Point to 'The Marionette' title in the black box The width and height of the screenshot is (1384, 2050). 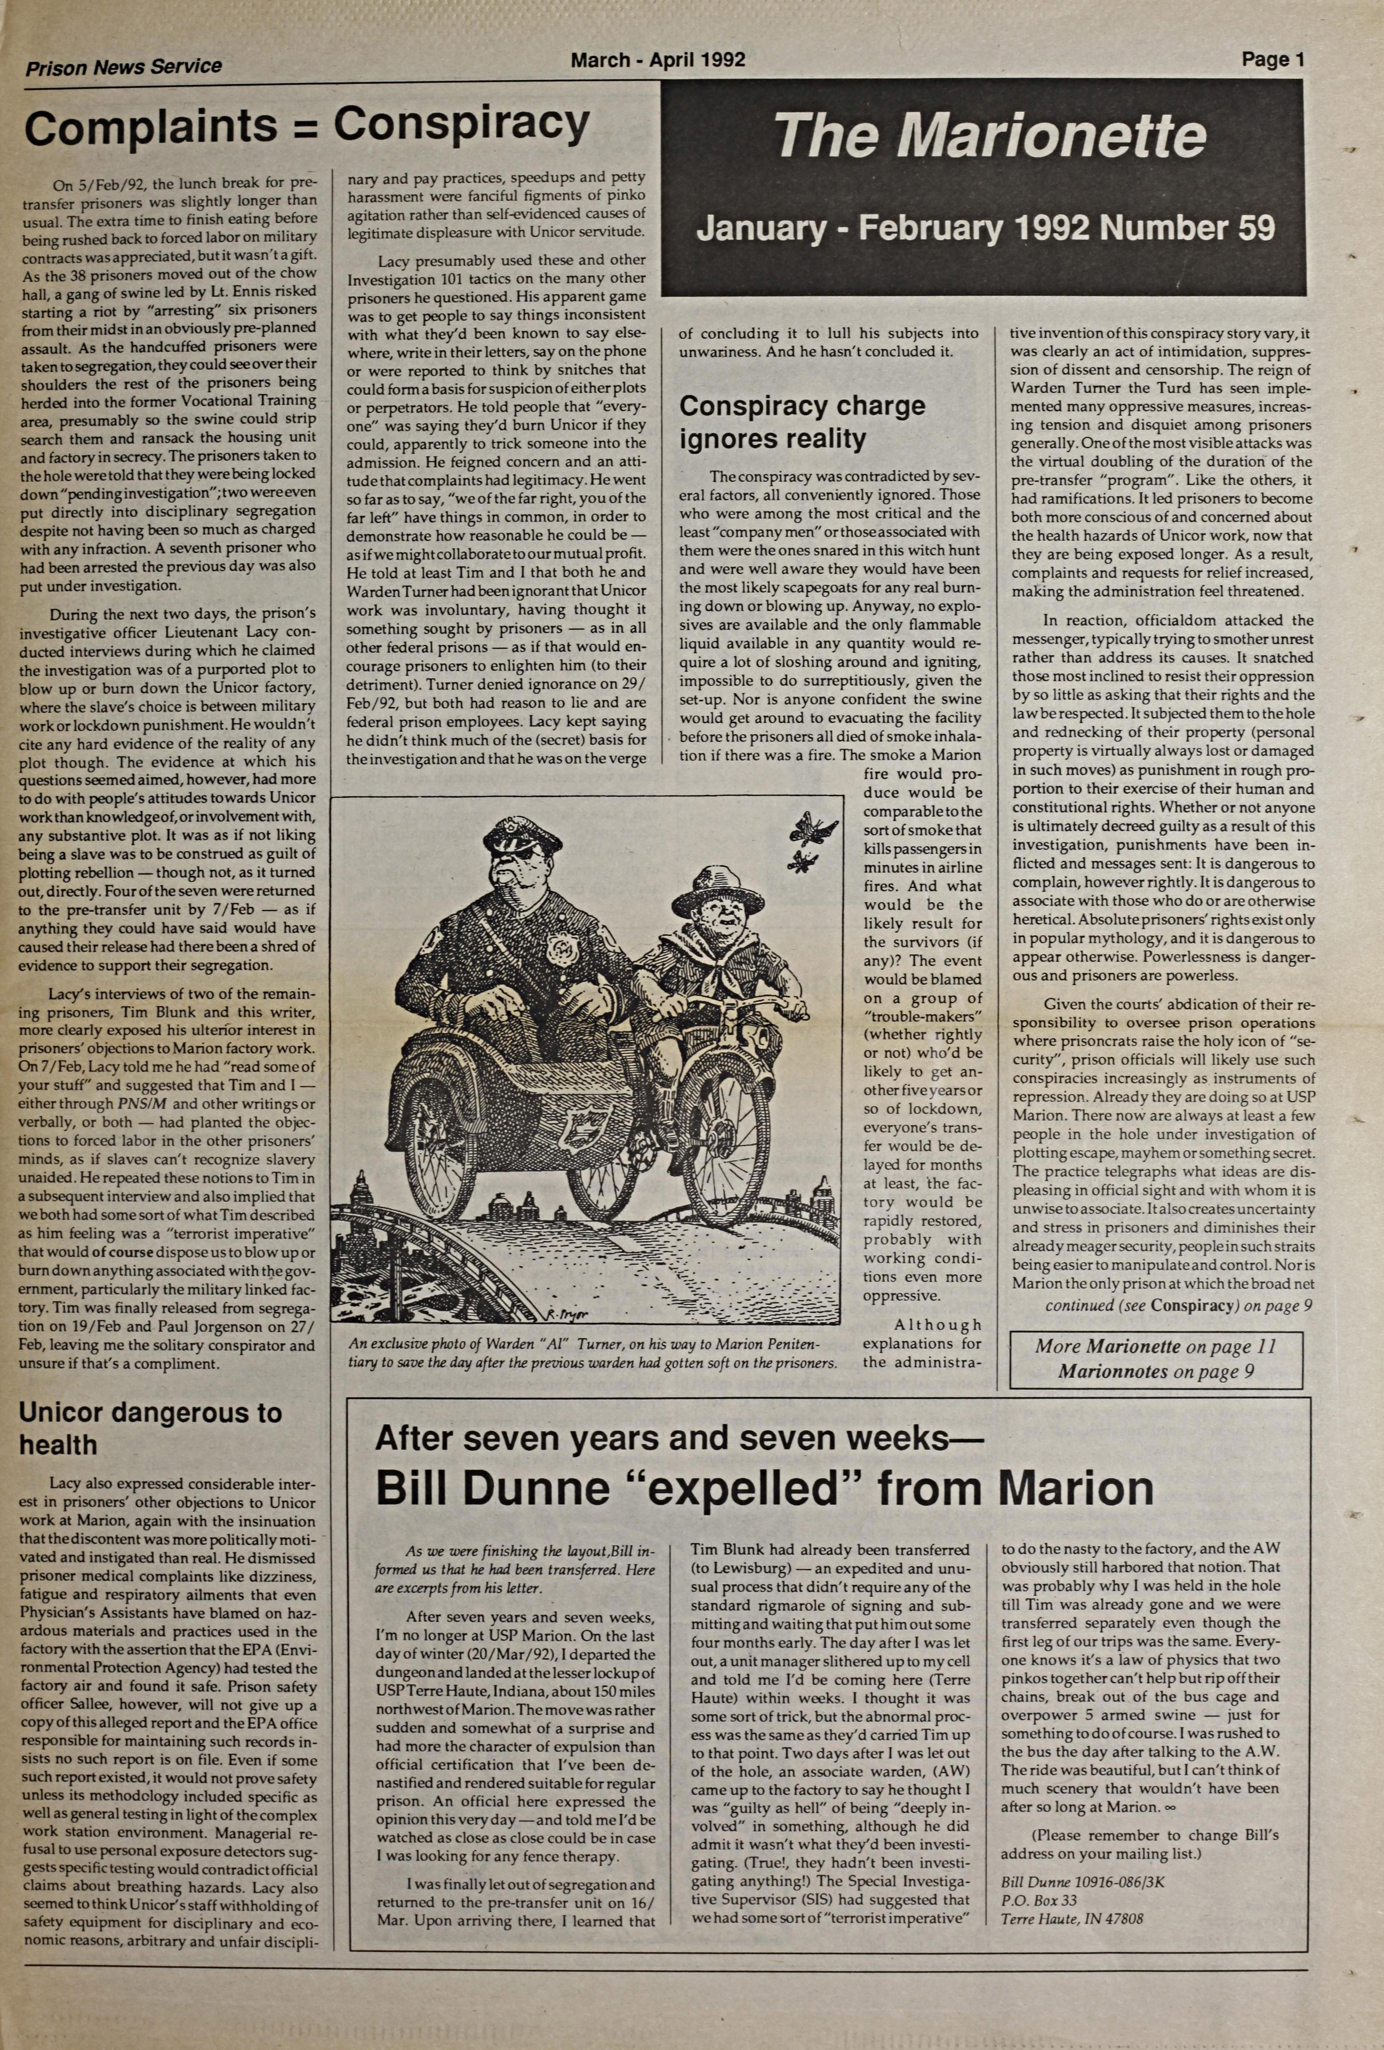[990, 135]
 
